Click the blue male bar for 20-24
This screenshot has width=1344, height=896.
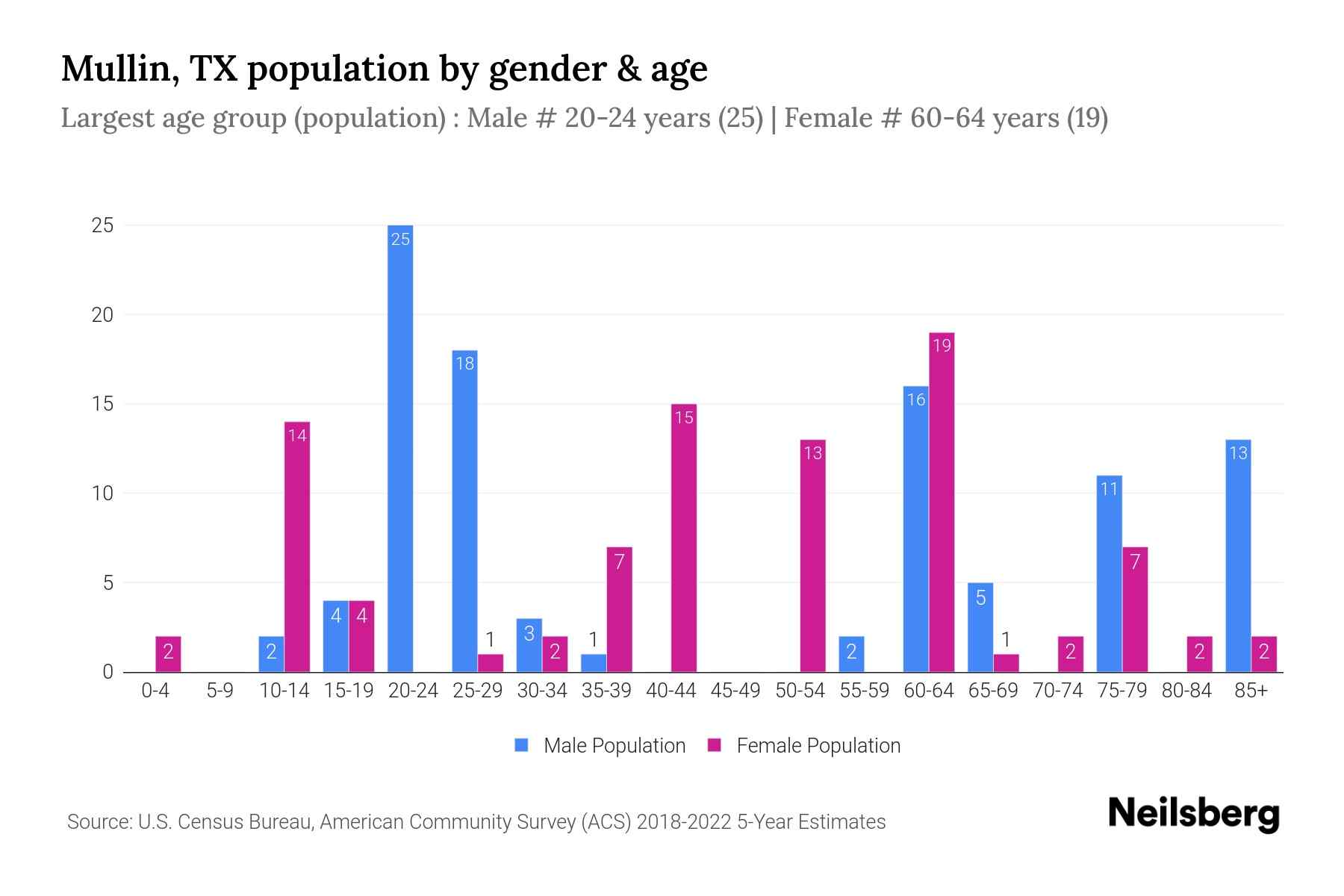point(400,448)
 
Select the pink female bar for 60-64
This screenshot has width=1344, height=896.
point(942,502)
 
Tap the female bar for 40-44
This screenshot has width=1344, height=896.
point(684,538)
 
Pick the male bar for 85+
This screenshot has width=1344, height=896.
point(1238,556)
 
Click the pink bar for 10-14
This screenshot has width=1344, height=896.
point(297,547)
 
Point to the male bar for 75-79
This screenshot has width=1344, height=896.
point(1109,573)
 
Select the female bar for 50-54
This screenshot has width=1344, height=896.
point(812,556)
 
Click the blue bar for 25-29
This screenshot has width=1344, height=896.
point(464,511)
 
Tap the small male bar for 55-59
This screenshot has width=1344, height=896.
point(851,654)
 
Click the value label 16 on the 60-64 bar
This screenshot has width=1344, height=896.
point(916,399)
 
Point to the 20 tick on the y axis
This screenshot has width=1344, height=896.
point(102,315)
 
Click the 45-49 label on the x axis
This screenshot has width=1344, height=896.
point(735,691)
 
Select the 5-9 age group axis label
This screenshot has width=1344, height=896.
point(220,691)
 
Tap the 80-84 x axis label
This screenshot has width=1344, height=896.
point(1186,691)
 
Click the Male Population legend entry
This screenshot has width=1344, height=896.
point(601,745)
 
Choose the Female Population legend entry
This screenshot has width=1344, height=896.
point(805,745)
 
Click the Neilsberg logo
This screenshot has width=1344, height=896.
point(1193,813)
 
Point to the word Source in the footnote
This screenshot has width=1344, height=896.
point(99,822)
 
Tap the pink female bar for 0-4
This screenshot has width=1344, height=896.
point(168,654)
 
